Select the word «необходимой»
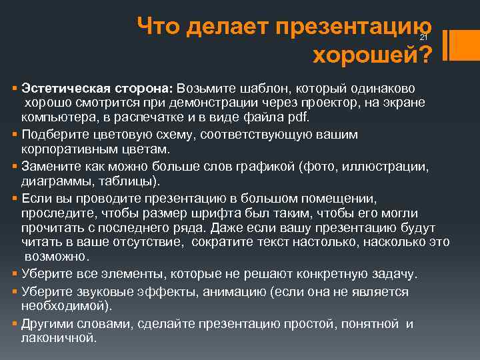pyautogui.click(x=65, y=306)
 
